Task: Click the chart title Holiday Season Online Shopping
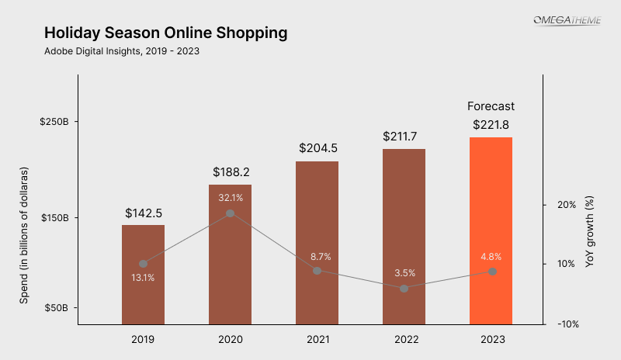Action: click(x=165, y=33)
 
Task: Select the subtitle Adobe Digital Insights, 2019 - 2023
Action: click(x=127, y=52)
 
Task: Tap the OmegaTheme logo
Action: click(x=567, y=19)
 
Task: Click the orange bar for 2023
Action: click(x=491, y=233)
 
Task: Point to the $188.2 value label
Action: click(x=231, y=172)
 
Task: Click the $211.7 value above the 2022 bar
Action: click(x=404, y=137)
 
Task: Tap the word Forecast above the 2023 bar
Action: click(x=491, y=106)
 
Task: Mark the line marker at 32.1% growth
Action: click(x=231, y=213)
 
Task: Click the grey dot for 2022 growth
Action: click(x=404, y=288)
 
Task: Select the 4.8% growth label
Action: click(x=491, y=257)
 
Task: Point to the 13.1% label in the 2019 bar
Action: click(x=143, y=278)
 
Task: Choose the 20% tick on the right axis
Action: click(x=566, y=205)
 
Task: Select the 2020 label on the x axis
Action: click(x=231, y=340)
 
